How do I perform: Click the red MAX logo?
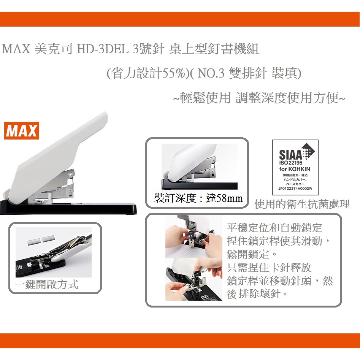[22, 131]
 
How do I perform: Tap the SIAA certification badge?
[295, 167]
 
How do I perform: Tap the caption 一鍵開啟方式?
[47, 284]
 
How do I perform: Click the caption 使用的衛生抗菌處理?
[302, 205]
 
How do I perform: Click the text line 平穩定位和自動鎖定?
[274, 228]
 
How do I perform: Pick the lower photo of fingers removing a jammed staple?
[193, 279]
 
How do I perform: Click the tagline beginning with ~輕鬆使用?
[259, 98]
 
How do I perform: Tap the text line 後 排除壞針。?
[257, 294]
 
